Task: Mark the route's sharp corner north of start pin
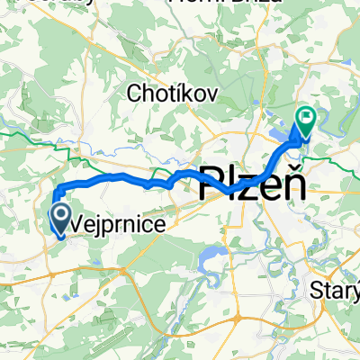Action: [x=55, y=186]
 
